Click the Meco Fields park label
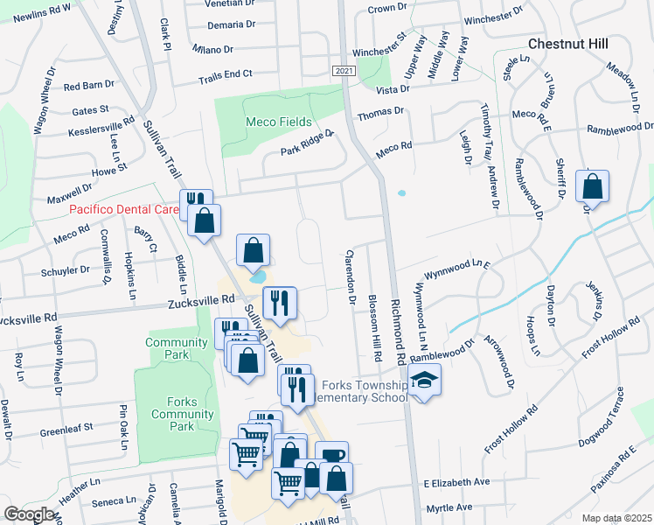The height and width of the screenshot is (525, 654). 278,122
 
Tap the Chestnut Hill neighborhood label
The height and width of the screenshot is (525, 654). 569,43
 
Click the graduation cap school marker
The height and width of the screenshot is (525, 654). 425,381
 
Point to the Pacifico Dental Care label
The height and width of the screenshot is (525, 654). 123,210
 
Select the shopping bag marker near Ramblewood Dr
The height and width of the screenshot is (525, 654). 593,186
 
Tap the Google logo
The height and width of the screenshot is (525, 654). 30,514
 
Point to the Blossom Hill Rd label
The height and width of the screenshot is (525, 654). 376,327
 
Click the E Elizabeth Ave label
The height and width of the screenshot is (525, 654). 457,482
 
